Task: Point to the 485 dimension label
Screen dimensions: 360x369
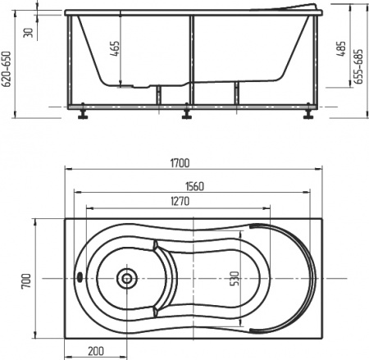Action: (340, 51)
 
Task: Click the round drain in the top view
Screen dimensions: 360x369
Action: (126, 278)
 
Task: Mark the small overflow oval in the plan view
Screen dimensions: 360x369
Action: (79, 277)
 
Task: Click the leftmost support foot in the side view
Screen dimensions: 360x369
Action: (82, 115)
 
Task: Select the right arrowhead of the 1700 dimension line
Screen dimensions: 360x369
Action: (320, 173)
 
